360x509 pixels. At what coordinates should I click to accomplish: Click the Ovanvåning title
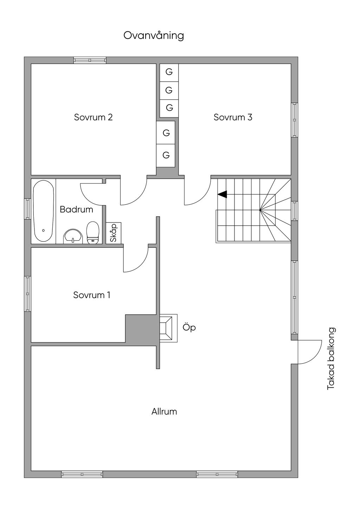tap(154, 36)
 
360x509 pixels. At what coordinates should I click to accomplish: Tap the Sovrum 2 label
tap(93, 117)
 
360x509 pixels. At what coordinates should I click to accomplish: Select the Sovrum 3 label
tap(233, 117)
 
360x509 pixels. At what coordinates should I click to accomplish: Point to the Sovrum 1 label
tap(92, 295)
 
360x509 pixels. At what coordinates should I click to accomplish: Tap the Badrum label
tap(76, 209)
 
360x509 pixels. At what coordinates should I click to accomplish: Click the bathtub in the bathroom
tap(43, 211)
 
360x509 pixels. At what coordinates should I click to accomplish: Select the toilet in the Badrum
tap(93, 233)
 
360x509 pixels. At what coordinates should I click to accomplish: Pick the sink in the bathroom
tap(73, 236)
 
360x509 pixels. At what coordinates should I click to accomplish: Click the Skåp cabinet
tap(114, 233)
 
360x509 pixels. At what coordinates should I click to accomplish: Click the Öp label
tap(189, 328)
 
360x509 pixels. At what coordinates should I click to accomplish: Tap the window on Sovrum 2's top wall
tap(90, 60)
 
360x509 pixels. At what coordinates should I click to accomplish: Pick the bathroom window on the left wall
tap(27, 209)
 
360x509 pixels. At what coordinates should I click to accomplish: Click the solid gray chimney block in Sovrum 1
tap(141, 329)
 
